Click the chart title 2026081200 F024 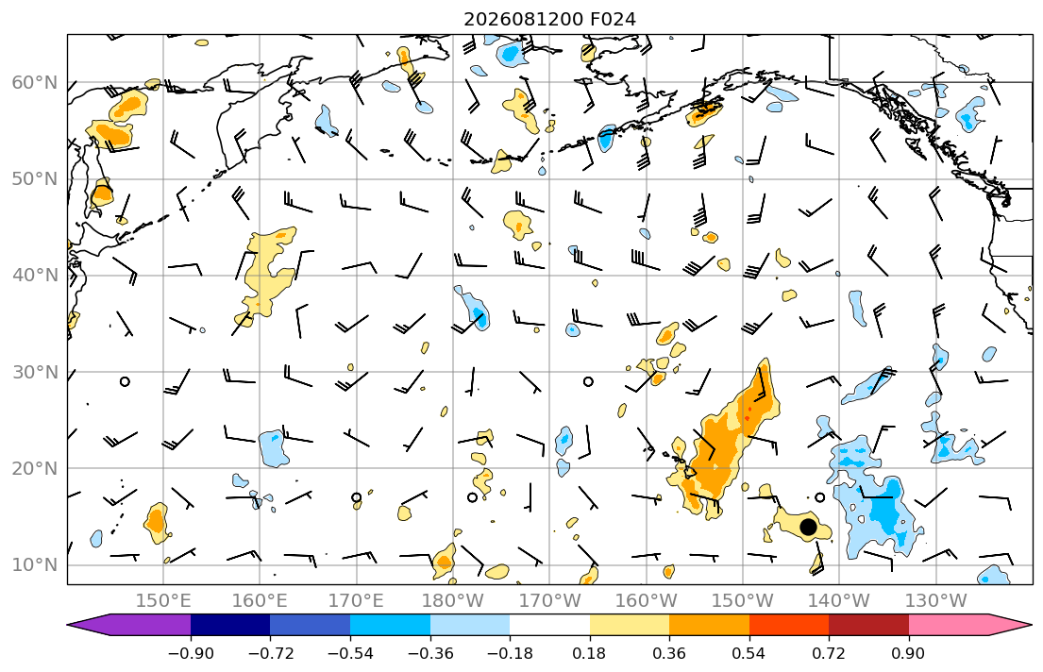click(549, 19)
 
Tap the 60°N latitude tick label click(35, 82)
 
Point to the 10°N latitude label click(35, 565)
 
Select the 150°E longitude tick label click(163, 601)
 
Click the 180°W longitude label click(453, 601)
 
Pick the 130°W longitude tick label click(936, 601)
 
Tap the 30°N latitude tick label click(35, 372)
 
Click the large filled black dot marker click(808, 527)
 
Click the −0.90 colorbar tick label click(191, 653)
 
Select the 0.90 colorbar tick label click(909, 653)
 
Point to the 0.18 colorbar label click(589, 653)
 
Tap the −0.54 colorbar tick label click(350, 653)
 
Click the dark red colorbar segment click(868, 625)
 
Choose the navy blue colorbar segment click(230, 625)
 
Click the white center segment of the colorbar click(549, 625)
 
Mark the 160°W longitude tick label click(646, 601)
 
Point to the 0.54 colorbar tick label click(749, 653)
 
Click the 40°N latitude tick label click(35, 276)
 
